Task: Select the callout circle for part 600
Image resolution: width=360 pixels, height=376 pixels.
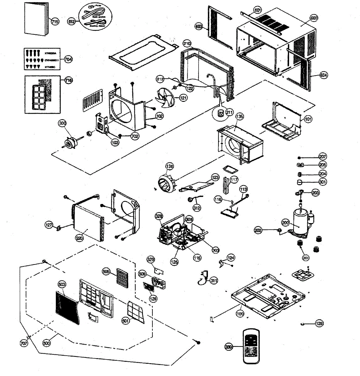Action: tap(314, 18)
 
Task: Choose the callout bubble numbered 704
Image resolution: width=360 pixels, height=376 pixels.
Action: tap(68, 59)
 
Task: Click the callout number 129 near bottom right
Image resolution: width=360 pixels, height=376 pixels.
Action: tap(319, 323)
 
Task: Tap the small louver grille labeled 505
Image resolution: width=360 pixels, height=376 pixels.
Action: tap(123, 277)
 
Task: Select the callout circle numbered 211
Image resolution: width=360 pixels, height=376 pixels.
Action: tap(230, 112)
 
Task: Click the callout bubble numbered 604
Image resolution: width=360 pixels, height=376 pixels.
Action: tap(324, 75)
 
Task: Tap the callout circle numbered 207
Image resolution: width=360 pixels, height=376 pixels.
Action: tap(322, 157)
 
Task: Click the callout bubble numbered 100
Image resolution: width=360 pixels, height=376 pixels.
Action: tap(240, 314)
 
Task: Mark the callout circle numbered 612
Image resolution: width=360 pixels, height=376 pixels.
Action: tap(71, 21)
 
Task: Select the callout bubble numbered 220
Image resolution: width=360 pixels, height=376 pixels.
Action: tap(79, 238)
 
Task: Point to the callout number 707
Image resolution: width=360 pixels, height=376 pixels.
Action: tap(24, 343)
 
